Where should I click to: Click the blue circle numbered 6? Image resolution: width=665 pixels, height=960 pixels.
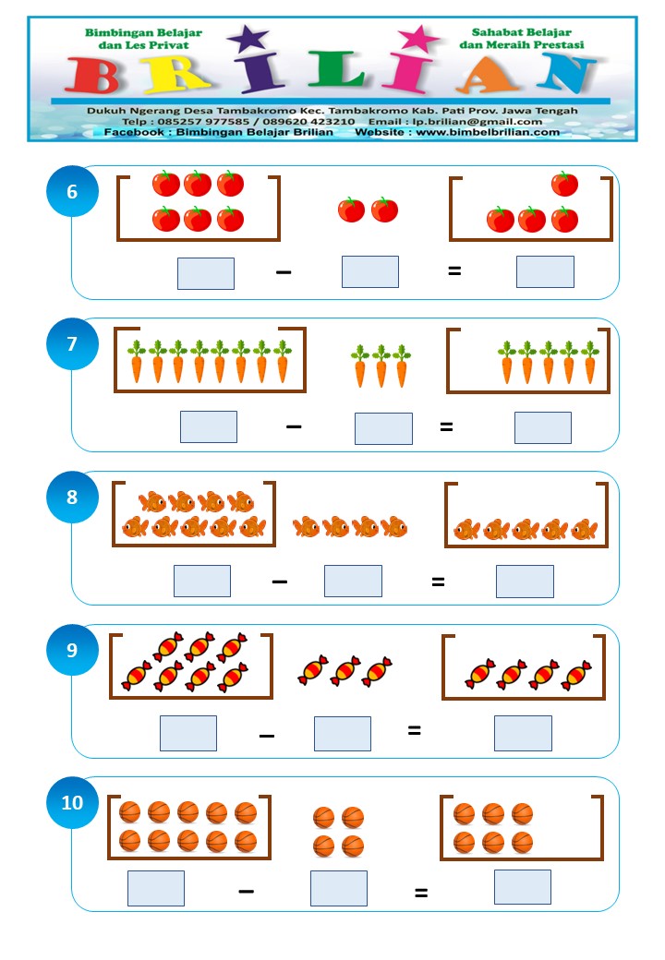72,191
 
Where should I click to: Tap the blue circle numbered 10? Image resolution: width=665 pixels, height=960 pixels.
72,802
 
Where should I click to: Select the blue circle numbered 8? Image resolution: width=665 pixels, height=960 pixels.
72,497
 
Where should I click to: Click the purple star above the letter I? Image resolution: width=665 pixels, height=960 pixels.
248,39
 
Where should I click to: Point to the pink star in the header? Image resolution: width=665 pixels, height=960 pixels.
418,39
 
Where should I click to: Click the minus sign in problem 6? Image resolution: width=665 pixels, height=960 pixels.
284,271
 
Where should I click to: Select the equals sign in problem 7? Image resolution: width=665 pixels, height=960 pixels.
446,426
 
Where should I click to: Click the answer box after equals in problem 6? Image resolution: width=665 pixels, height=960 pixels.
545,271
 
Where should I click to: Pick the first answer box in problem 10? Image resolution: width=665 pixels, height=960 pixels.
156,888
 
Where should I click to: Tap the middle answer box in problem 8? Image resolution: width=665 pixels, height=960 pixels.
353,581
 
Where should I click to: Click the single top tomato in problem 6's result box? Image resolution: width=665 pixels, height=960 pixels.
564,184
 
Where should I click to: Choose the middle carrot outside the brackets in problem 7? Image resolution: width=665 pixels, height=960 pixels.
381,366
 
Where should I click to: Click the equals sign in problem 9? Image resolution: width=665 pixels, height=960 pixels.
415,730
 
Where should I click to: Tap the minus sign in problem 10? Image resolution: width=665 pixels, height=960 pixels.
247,891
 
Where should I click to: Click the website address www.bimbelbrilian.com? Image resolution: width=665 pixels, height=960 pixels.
488,132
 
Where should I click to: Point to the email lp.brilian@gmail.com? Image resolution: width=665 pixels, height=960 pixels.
477,121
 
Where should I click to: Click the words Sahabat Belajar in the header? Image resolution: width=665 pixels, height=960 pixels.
522,32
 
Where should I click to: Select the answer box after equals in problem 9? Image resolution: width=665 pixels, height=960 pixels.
523,733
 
